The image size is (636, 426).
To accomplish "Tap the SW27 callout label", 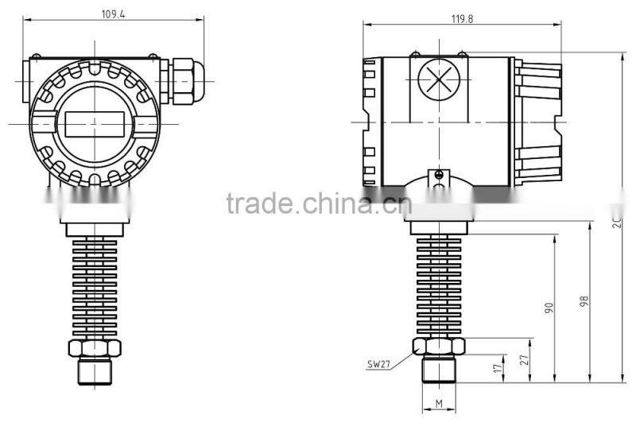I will pos(379,366).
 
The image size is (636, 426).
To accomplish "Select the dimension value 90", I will pos(548,308).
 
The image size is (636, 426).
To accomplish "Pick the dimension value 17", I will pos(498,369).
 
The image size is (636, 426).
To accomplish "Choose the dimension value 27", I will pos(524,360).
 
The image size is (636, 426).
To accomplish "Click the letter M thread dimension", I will pos(439,405).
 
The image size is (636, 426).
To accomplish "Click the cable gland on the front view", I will pos(182,78).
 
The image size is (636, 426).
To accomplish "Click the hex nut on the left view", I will pos(95,347).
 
